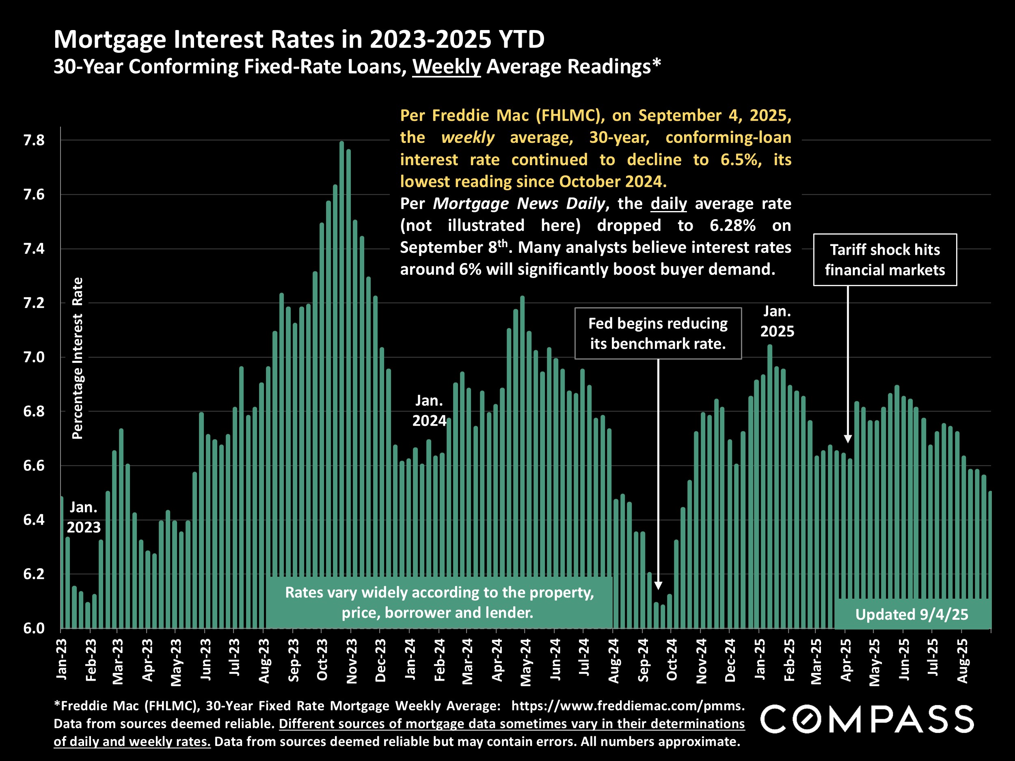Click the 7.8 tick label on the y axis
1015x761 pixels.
tap(34, 140)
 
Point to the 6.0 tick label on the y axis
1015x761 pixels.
tap(34, 628)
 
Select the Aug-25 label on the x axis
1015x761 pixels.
tap(963, 660)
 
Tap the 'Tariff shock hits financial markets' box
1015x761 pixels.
tap(885, 260)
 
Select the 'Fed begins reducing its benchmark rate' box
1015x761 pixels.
tap(658, 334)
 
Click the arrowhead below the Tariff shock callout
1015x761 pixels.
tap(847, 438)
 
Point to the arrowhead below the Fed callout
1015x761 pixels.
tap(658, 585)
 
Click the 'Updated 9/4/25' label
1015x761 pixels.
tap(911, 614)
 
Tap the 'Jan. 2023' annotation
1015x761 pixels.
tap(84, 517)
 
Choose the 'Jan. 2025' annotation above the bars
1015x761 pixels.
tap(777, 321)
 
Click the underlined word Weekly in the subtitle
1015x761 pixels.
tap(446, 67)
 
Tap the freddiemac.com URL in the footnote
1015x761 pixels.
tap(628, 705)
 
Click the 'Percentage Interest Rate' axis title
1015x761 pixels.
tap(78, 358)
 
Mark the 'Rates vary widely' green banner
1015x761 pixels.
tap(439, 602)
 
